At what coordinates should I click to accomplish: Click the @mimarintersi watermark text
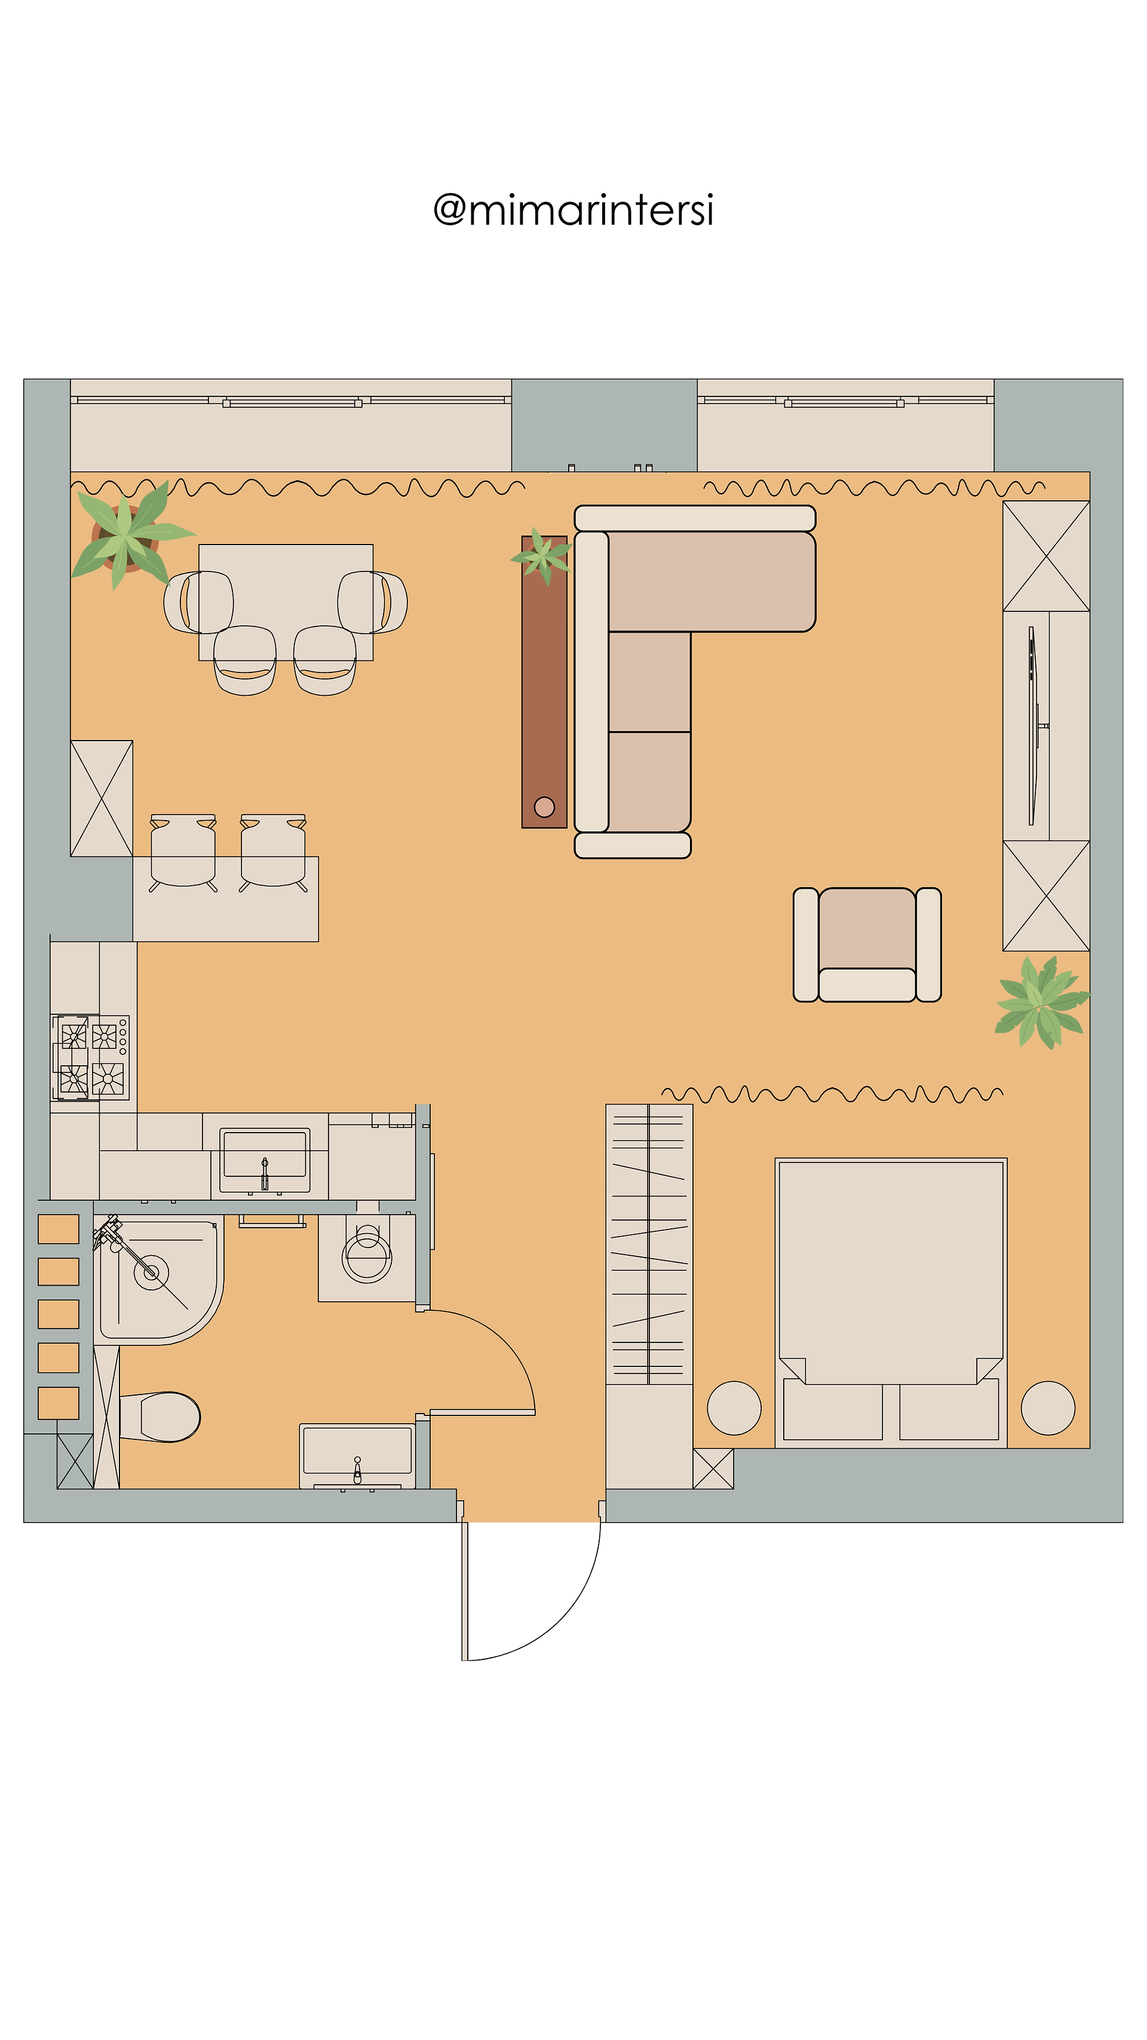tap(573, 210)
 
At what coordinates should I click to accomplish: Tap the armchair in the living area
tap(867, 944)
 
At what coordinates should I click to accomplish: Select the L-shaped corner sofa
tap(681, 681)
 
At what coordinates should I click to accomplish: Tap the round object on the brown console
tap(545, 807)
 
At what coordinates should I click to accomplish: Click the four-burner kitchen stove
tap(90, 1057)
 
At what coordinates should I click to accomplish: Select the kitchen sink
tap(265, 1160)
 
